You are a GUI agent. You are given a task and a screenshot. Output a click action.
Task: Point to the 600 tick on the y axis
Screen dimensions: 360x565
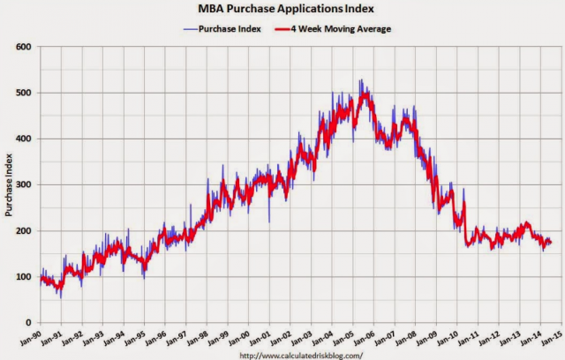point(24,47)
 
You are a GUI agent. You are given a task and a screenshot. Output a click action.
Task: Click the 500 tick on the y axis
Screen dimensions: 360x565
point(24,93)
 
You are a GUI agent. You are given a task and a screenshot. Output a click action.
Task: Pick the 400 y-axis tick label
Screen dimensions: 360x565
point(24,139)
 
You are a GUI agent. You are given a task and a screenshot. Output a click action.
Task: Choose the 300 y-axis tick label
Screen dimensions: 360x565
point(24,184)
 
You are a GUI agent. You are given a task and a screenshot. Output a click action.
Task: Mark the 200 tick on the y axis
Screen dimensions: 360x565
point(24,230)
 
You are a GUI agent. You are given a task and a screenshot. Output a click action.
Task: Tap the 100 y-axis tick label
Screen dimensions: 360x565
point(24,276)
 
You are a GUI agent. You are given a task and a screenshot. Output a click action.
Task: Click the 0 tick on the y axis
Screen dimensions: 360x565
point(29,322)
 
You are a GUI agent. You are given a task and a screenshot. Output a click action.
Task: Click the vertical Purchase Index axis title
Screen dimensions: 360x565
point(8,184)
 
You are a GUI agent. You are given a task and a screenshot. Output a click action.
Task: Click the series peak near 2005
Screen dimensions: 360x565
point(360,80)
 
